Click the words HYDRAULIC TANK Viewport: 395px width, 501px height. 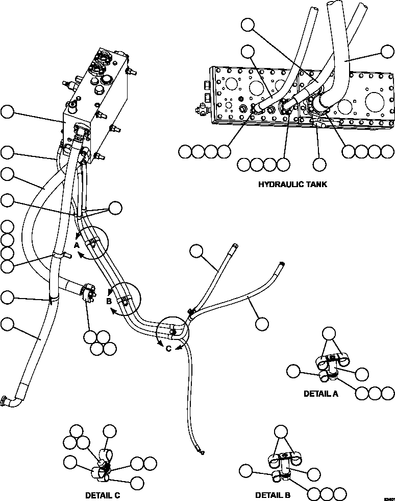point(292,184)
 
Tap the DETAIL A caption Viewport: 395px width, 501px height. point(320,394)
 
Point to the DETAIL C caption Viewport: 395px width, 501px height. point(103,495)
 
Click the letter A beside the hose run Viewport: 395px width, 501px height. point(77,245)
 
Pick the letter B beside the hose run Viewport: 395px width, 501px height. point(109,301)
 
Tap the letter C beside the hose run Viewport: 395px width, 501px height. point(168,349)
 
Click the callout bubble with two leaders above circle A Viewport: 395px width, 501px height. point(116,207)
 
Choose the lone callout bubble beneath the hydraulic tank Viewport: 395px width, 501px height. point(319,165)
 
